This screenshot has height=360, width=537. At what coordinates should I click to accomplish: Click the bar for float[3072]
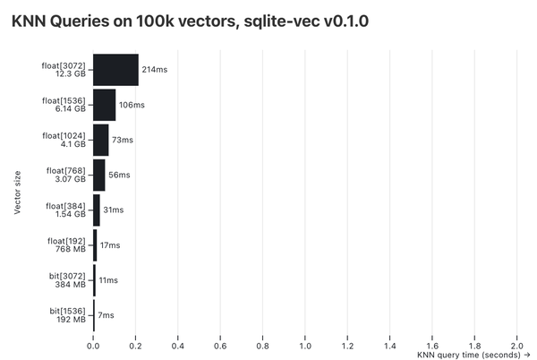click(115, 70)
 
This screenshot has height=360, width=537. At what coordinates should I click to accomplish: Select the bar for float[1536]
click(104, 105)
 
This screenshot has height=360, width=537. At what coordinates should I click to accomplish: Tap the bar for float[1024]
click(100, 140)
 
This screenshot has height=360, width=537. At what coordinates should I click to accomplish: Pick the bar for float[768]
click(98, 175)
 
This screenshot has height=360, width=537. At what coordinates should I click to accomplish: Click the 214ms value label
click(155, 70)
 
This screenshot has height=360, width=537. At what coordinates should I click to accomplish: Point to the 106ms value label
click(132, 105)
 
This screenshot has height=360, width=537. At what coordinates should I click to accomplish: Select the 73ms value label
click(123, 140)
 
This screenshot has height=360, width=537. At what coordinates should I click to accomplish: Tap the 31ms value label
click(114, 210)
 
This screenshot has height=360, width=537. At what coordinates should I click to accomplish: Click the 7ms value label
click(106, 314)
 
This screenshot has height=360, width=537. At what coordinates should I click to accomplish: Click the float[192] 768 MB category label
click(66, 244)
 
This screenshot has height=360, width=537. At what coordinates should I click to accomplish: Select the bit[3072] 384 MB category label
click(68, 279)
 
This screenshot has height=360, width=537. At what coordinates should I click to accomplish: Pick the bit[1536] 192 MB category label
click(68, 314)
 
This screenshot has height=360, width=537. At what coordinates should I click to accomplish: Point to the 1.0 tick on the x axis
click(305, 344)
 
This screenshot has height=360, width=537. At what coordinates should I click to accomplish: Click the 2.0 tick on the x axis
click(517, 344)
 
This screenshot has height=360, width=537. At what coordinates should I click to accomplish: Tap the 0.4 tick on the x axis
click(178, 344)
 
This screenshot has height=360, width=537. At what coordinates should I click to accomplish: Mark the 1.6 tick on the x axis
click(432, 344)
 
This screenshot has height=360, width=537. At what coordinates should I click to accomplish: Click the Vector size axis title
click(18, 192)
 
